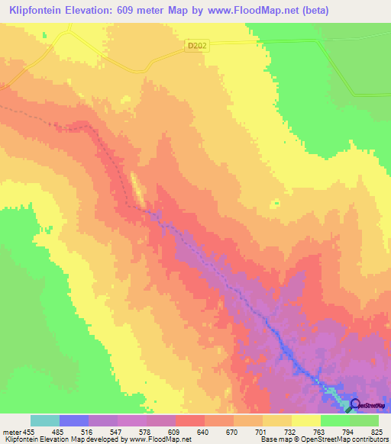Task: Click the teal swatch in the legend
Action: (45, 420)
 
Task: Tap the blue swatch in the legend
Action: (74, 420)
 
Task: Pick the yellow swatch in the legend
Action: (306, 420)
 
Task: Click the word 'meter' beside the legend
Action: (11, 432)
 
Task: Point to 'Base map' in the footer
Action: (272, 440)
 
